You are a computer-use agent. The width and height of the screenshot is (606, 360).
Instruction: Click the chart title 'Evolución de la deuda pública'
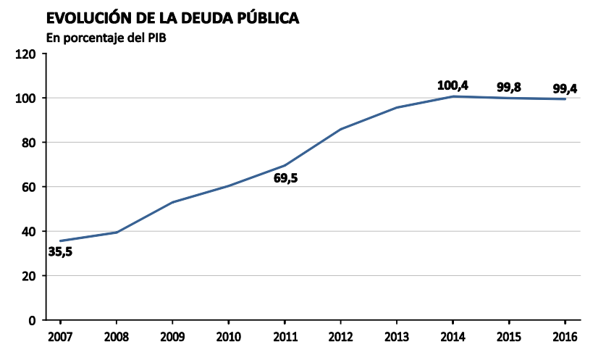tap(172, 19)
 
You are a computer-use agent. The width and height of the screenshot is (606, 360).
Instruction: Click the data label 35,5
tap(60, 252)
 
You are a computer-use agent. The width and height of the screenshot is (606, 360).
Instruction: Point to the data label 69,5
tap(285, 177)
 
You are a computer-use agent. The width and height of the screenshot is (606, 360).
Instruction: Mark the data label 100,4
tap(453, 85)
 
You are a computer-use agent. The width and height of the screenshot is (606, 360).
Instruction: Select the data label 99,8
tap(509, 88)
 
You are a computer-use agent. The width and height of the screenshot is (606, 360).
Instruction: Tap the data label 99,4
tap(565, 88)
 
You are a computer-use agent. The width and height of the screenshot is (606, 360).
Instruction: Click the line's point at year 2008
tap(116, 233)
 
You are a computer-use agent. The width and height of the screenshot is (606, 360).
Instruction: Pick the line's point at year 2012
tap(340, 130)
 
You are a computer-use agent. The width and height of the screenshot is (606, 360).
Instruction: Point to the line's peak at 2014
tap(453, 96)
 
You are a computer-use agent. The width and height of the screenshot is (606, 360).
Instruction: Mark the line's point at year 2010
tap(229, 186)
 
